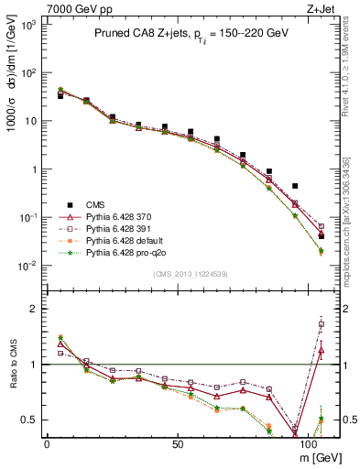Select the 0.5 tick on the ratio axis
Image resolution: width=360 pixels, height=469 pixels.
[x=32, y=420]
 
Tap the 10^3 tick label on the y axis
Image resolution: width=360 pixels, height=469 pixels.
[x=29, y=25]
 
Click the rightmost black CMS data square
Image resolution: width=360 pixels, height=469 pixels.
[x=322, y=236]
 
